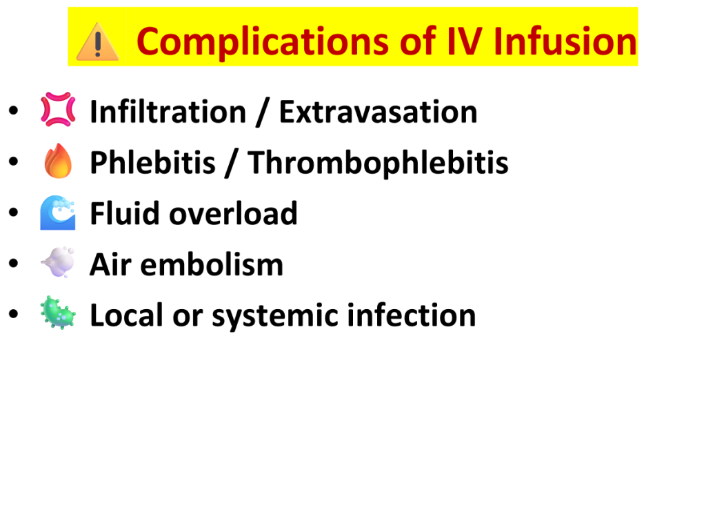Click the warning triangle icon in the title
point(98,42)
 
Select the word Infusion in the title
point(565,41)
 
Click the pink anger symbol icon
point(58,109)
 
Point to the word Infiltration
point(168,111)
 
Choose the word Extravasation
point(379,111)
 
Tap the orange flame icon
point(58,160)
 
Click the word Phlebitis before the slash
point(152,162)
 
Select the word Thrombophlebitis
point(379,162)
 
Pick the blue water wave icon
point(58,213)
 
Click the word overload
point(233,213)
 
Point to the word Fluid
point(125,213)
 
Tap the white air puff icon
point(58,262)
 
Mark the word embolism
point(212,264)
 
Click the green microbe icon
point(58,313)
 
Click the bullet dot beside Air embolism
point(14,262)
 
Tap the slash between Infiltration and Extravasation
point(263,112)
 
